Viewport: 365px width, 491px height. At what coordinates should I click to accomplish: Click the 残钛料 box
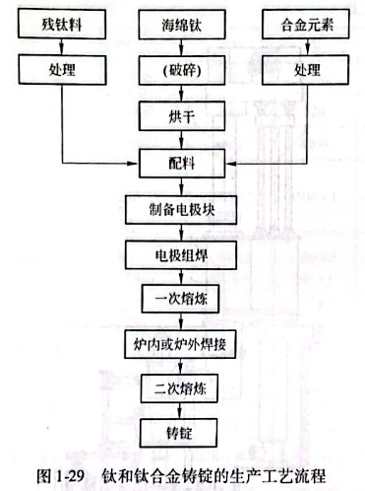pyautogui.click(x=61, y=24)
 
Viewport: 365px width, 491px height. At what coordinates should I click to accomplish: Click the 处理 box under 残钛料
pyautogui.click(x=61, y=73)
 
